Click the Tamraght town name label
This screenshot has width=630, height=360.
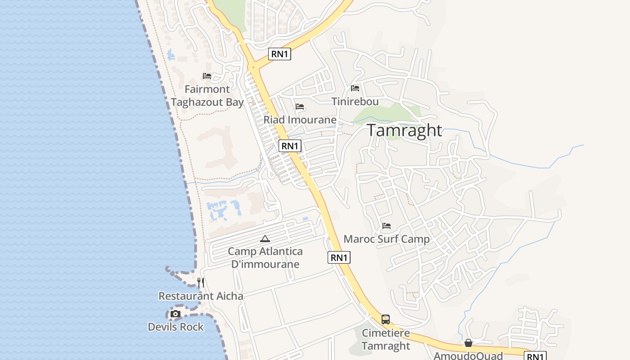pyautogui.click(x=405, y=130)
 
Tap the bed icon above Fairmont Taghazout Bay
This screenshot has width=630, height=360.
pyautogui.click(x=207, y=76)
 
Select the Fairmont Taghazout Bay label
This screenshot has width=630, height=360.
pyautogui.click(x=207, y=96)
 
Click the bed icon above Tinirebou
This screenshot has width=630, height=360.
pyautogui.click(x=355, y=88)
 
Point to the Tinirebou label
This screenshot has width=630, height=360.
pyautogui.click(x=355, y=102)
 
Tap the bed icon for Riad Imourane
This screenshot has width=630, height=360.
pyautogui.click(x=300, y=107)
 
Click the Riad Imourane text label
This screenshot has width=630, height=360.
pyautogui.click(x=300, y=120)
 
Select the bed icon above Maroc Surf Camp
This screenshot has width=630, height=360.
pyautogui.click(x=387, y=226)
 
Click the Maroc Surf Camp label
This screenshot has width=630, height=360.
pyautogui.click(x=387, y=239)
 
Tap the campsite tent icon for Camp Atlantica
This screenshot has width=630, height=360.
pyautogui.click(x=265, y=238)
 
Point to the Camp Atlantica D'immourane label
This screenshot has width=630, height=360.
pyautogui.click(x=265, y=257)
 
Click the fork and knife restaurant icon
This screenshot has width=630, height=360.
pyautogui.click(x=201, y=283)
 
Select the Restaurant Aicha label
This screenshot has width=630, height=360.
pyautogui.click(x=201, y=296)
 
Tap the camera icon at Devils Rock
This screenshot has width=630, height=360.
pyautogui.click(x=175, y=314)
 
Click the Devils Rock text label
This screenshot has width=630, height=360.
pyautogui.click(x=175, y=327)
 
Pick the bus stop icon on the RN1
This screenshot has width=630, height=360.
pyautogui.click(x=386, y=319)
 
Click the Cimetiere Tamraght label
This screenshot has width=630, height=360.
pyautogui.click(x=386, y=339)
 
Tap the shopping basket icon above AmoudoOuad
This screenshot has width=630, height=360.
pyautogui.click(x=468, y=343)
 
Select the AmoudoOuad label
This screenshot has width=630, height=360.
pyautogui.click(x=468, y=355)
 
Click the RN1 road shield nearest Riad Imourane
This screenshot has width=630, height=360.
pyautogui.click(x=290, y=146)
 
